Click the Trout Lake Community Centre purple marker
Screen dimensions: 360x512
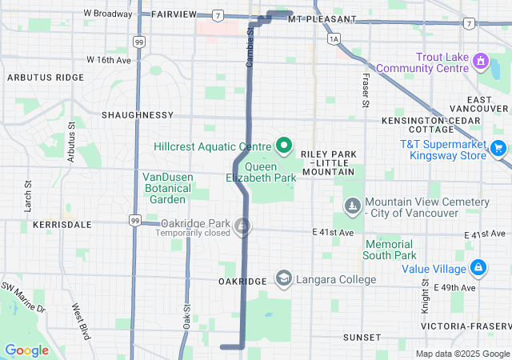480,60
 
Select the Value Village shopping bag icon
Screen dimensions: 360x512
478,267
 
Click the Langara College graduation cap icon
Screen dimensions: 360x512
283,278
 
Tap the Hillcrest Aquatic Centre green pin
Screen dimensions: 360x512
283,145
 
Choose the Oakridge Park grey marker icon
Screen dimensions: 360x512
241,228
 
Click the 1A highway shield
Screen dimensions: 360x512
334,38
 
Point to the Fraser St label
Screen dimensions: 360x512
366,92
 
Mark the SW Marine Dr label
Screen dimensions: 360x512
23,297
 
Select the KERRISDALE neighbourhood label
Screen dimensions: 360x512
62,226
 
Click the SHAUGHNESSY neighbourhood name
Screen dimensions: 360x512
138,115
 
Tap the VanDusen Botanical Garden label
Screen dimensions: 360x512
167,187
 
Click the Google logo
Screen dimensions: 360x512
26,350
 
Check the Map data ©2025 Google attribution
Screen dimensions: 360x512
462,354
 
